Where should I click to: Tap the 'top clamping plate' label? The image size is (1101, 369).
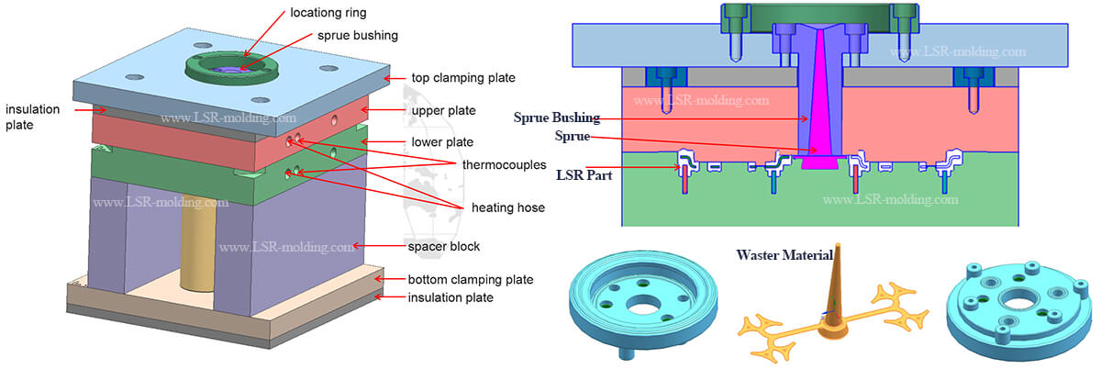click(x=462, y=78)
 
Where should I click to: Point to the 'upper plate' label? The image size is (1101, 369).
click(x=443, y=110)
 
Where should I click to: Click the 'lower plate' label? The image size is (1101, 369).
click(x=442, y=142)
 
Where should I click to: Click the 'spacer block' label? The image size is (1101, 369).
click(x=444, y=247)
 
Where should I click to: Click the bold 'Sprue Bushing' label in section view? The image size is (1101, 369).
click(x=557, y=117)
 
